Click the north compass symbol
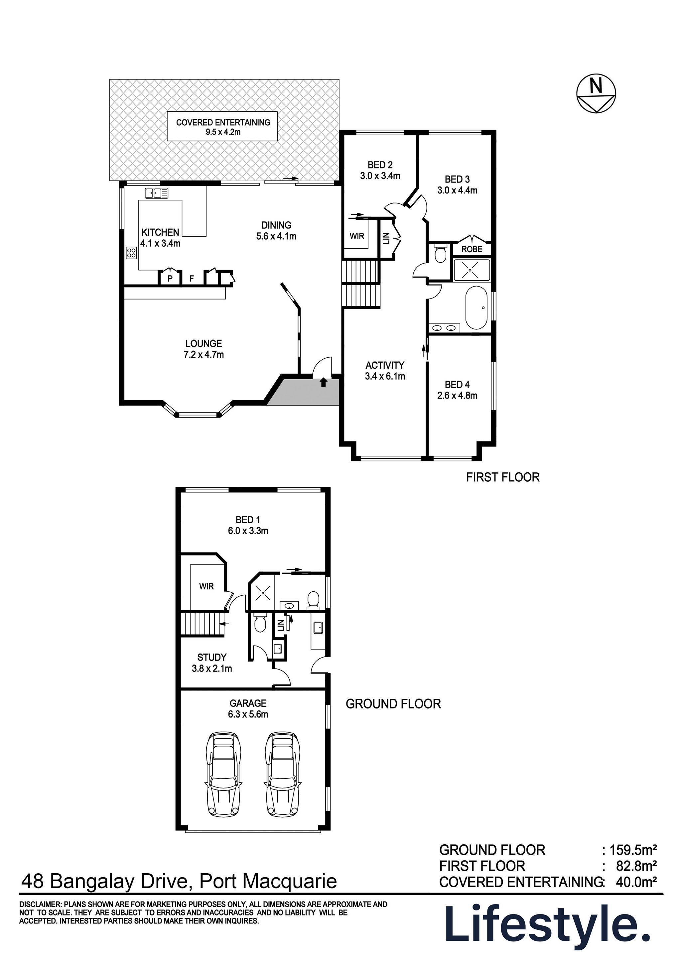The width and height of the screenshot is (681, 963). [x=596, y=94]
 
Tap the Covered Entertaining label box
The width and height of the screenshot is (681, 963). [x=222, y=126]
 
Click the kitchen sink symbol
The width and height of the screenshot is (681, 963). [x=156, y=193]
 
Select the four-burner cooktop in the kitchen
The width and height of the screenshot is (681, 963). [x=131, y=253]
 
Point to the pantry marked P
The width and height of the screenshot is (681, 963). [x=170, y=278]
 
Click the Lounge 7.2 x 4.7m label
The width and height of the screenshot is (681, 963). [x=204, y=349]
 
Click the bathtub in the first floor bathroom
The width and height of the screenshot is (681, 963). [x=476, y=308]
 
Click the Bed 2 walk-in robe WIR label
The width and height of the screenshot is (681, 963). [x=357, y=236]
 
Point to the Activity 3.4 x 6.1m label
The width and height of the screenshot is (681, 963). [x=385, y=370]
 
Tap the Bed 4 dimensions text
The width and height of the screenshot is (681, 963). [x=457, y=396]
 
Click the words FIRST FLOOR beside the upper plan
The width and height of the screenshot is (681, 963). [x=503, y=477]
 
